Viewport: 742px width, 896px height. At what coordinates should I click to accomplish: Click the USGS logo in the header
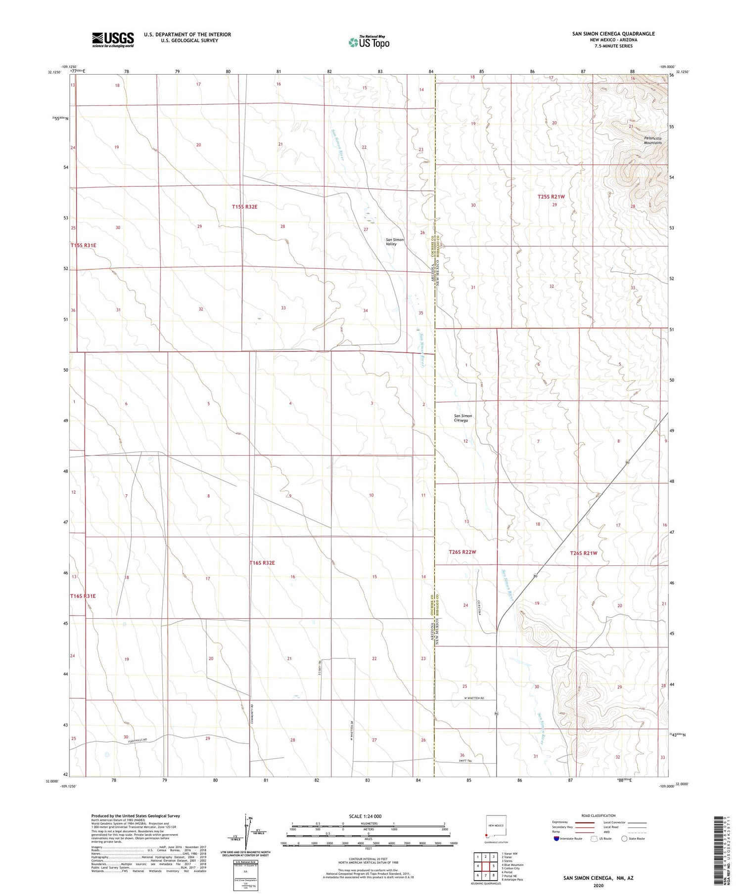click(113, 40)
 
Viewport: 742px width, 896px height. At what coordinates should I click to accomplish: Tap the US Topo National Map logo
click(369, 42)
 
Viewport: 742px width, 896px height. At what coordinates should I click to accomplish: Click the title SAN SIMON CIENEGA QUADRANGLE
click(613, 34)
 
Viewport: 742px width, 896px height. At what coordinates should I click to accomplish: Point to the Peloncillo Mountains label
click(652, 140)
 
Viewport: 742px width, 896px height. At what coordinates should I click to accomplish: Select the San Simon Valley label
click(395, 242)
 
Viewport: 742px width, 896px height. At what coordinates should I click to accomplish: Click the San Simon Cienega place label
click(463, 418)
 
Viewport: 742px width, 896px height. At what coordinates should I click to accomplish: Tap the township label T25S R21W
click(551, 197)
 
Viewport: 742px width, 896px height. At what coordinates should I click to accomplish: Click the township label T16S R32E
click(262, 563)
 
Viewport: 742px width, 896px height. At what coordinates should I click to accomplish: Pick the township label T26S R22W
click(462, 552)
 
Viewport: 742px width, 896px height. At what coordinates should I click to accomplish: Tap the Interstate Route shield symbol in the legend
click(556, 839)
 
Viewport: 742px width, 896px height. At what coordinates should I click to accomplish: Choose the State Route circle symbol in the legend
click(624, 839)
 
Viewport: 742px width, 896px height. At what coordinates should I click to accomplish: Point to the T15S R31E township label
click(83, 245)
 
